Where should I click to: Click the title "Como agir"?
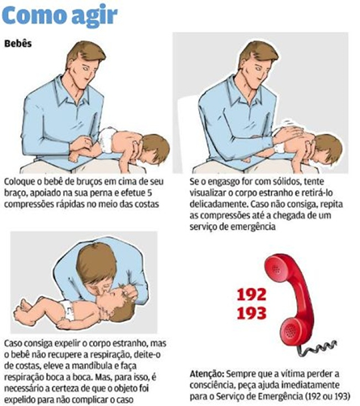coord(60,15)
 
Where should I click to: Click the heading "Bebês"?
coord(18,44)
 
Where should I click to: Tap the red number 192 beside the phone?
coord(252,294)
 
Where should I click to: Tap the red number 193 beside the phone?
coord(252,313)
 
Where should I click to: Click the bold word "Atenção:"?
coord(206,374)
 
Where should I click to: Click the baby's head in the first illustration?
coord(155,149)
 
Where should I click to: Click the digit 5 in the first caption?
coord(156,193)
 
